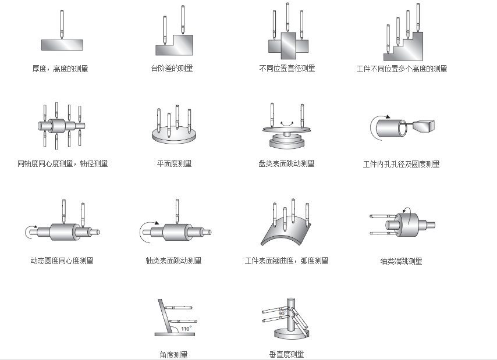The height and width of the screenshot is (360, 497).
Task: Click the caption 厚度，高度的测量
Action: pos(61,69)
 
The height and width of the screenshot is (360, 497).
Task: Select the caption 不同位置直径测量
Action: pos(287,69)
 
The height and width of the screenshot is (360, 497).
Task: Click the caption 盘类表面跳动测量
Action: pos(286,164)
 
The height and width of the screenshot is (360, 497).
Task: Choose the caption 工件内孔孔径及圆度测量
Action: pos(401,165)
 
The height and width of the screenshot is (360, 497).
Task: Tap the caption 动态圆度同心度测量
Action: pos(61,261)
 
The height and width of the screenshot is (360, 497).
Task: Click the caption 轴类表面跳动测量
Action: pos(173,261)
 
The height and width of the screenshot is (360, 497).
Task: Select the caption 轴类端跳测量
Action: pos(401,261)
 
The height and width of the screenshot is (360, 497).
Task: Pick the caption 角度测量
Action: pos(173,354)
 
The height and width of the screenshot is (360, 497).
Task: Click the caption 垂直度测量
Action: pos(286,354)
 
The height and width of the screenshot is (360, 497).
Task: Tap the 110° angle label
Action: pos(186,328)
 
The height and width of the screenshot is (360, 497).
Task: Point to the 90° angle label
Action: pos(282,313)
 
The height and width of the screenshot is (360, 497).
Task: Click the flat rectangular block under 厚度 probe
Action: pos(62,45)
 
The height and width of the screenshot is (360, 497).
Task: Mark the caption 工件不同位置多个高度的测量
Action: pos(402,69)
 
